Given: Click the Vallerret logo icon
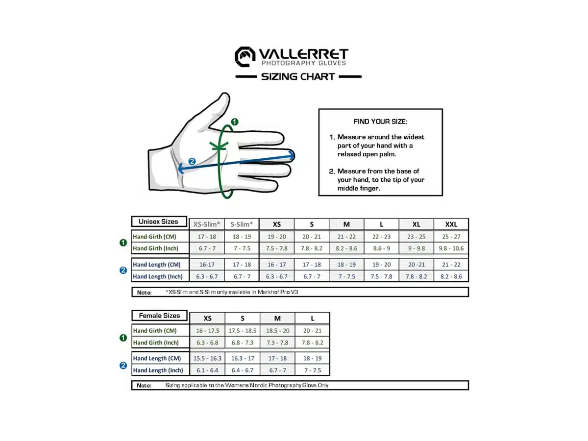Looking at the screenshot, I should coord(245,56).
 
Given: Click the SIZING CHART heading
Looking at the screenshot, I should coord(298,76).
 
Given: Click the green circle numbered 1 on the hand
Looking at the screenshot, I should coord(235,122).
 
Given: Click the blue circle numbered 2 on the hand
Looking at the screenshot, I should coord(192,161).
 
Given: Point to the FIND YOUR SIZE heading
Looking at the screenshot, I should coord(380,122).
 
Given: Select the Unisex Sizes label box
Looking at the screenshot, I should coord(159,221).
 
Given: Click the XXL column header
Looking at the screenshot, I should coord(451,224).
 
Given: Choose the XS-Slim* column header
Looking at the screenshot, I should coord(207,224).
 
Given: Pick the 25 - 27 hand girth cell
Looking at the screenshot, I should coord(451,237).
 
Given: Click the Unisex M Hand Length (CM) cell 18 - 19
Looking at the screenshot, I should coord(346,265).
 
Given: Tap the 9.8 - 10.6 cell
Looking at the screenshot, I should coord(451,248).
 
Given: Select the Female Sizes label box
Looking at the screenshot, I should coord(159,316).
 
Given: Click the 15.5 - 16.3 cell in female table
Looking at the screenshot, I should coord(207,358).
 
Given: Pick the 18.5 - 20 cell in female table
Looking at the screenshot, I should coord(277,331).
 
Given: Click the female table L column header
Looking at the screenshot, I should coord(312,318).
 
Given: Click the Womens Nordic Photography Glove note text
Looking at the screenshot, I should coord(247,385).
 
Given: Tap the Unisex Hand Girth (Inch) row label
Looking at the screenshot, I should coord(156,248).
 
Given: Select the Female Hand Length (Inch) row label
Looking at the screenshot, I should coord(158,370).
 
